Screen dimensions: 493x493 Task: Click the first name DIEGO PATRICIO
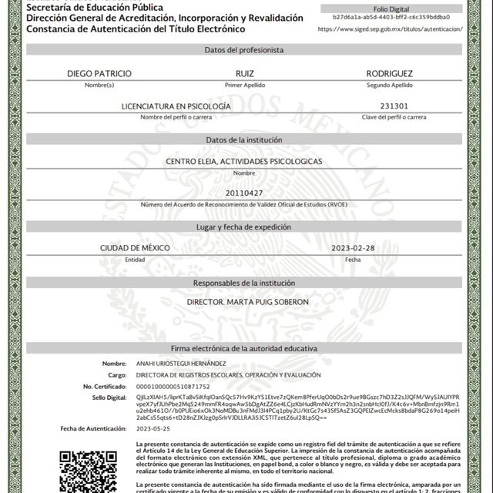[x=99, y=73]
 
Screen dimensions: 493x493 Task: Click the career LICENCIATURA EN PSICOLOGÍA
[x=176, y=106]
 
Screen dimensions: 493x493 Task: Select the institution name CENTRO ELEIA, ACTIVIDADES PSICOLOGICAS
[x=244, y=162]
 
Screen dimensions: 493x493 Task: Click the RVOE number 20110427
[x=244, y=193]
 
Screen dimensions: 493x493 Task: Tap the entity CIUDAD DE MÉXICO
[x=135, y=248]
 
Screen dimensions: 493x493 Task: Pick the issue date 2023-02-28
[x=353, y=248]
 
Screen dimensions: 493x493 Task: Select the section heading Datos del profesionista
[x=244, y=49]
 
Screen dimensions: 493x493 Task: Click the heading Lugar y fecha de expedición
[x=244, y=227]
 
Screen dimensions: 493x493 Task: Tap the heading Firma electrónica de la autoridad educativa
[x=244, y=349]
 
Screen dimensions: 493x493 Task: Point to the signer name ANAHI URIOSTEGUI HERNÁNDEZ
[x=181, y=363]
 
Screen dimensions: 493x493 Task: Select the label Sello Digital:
[x=109, y=397]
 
